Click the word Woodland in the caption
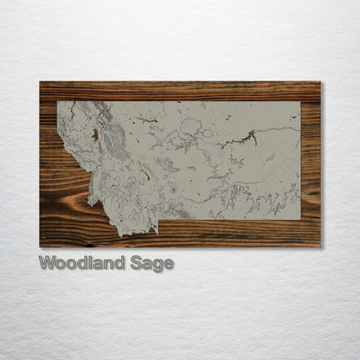[87, 263]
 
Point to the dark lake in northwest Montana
[93, 134]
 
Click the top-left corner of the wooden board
[40, 81]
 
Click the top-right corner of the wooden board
[320, 81]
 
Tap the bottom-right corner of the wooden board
[320, 247]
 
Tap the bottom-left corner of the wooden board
[40, 247]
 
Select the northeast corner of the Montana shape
[300, 102]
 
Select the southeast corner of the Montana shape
[300, 220]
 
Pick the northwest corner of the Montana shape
[58, 102]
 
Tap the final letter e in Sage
[169, 264]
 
